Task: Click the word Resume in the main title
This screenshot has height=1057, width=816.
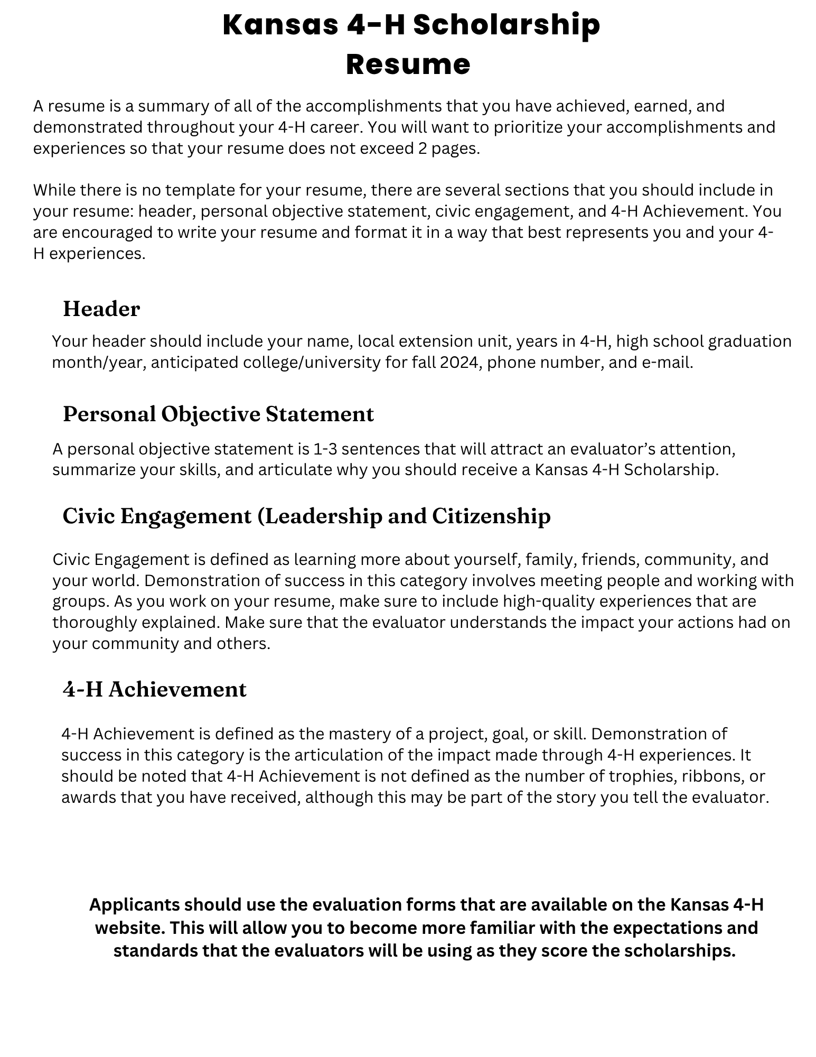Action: click(408, 64)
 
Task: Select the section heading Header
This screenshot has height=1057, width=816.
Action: click(101, 309)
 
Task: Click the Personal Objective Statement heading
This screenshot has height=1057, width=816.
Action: click(218, 414)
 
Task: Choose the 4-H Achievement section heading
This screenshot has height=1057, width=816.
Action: click(154, 689)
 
